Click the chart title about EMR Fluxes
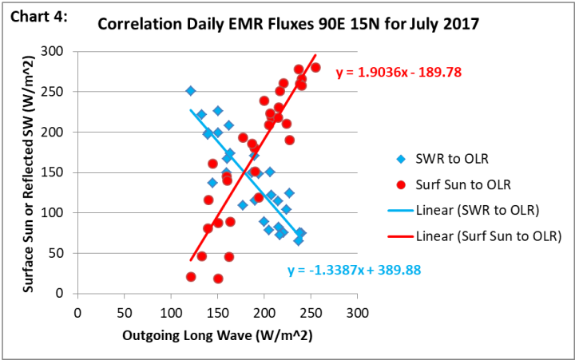(287, 25)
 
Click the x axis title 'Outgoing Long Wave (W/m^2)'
(216, 337)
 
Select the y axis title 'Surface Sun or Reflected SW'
(29, 172)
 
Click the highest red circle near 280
(315, 68)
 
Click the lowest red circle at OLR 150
(218, 279)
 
